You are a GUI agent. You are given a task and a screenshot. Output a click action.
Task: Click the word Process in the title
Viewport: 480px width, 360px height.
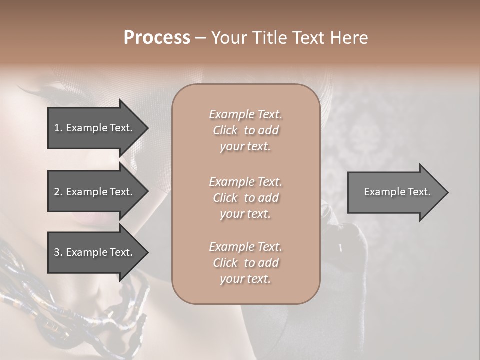coord(157,38)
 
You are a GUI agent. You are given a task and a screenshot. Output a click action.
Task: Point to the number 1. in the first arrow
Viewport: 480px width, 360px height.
coord(58,128)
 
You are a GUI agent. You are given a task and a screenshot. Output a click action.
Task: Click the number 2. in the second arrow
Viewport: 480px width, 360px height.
coord(58,192)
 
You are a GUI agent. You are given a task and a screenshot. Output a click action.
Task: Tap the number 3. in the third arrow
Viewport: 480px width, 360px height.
coord(58,252)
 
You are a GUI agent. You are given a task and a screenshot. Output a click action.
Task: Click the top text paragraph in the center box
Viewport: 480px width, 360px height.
coord(245,130)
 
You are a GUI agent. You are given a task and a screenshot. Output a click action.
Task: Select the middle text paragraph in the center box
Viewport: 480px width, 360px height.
coord(245,197)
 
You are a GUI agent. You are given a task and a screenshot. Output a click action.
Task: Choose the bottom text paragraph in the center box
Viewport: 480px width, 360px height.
coord(245,263)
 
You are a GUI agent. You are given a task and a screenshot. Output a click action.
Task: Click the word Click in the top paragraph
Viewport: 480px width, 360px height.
coord(225,130)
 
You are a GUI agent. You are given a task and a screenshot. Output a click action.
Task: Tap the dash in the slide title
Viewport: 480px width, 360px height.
coord(200,38)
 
